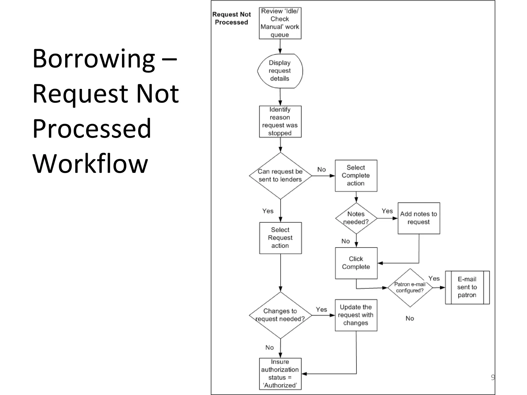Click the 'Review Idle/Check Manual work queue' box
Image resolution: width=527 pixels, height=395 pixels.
(x=280, y=23)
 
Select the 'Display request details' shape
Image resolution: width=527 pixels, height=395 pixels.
(x=280, y=71)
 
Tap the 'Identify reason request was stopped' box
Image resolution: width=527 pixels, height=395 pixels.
(x=280, y=121)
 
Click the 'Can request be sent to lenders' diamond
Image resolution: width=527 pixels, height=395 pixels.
(x=280, y=176)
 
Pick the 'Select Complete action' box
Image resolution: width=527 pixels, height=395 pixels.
(x=356, y=176)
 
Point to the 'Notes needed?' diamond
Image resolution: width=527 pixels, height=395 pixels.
(x=356, y=218)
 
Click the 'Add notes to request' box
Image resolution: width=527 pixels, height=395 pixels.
(x=419, y=218)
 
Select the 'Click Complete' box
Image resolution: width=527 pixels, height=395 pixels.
(x=356, y=263)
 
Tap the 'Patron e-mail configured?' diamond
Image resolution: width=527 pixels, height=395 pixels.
(x=410, y=288)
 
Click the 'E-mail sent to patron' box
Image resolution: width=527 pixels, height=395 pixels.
(x=467, y=287)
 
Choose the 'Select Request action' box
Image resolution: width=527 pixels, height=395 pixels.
(x=280, y=238)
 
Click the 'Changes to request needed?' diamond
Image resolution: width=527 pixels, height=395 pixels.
(x=280, y=315)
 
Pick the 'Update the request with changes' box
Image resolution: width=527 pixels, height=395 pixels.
(x=356, y=315)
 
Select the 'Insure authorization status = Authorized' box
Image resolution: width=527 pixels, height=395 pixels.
(x=280, y=374)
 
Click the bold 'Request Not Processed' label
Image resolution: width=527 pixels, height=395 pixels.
(x=231, y=18)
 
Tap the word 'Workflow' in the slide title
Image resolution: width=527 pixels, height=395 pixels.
(x=90, y=164)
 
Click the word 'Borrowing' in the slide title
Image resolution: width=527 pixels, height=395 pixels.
(x=94, y=59)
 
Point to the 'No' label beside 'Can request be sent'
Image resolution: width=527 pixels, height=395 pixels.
(x=321, y=169)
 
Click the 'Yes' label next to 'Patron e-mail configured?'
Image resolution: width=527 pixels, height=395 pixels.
(x=434, y=279)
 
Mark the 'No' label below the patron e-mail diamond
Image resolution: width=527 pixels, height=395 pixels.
(x=410, y=318)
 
